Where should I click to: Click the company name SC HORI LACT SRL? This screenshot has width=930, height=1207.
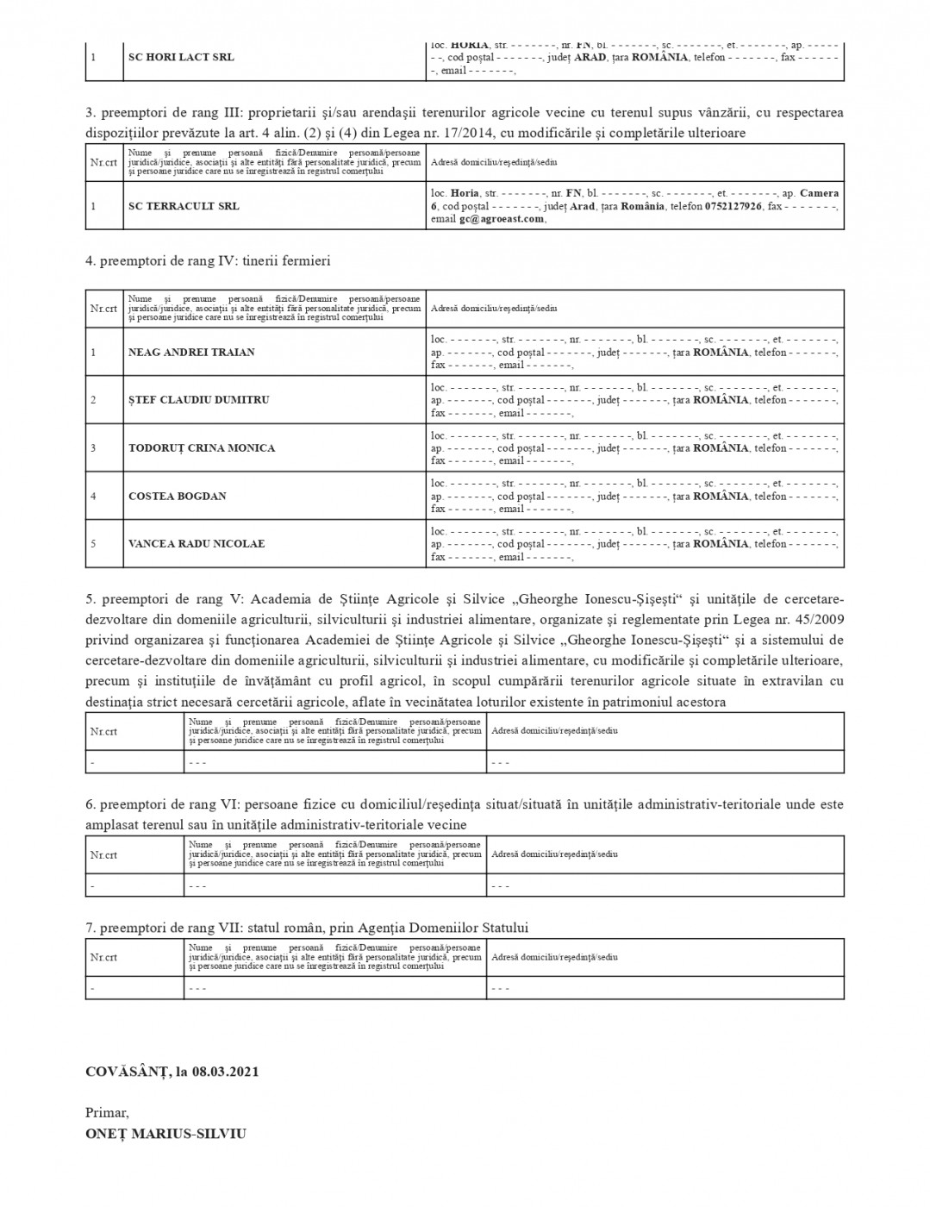tap(181, 57)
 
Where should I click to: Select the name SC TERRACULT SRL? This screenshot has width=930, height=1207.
tap(184, 206)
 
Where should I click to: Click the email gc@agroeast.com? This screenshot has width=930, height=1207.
tap(502, 219)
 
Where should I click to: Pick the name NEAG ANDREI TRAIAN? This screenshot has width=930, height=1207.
tap(191, 352)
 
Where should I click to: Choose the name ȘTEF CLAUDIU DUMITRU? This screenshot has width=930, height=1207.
tap(198, 399)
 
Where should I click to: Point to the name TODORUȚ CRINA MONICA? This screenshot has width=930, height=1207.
tap(202, 447)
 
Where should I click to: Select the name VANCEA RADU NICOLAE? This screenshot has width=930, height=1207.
tap(197, 543)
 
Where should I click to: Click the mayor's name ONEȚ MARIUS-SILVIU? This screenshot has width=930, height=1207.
tap(165, 1134)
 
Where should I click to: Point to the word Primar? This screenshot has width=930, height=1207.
tap(106, 1113)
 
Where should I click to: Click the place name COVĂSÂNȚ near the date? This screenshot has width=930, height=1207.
tap(126, 1072)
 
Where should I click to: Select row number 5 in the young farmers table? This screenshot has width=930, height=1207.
tap(93, 544)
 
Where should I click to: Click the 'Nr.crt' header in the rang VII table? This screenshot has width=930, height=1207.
tap(103, 957)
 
